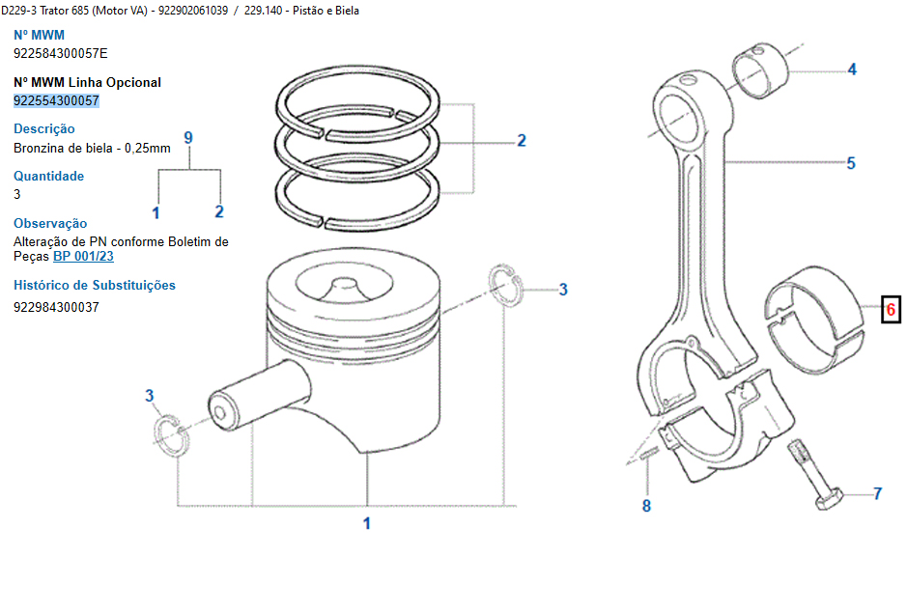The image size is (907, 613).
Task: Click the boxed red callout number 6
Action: [891, 311]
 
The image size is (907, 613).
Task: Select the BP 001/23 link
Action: [83, 257]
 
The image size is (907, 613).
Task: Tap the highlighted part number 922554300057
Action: [56, 100]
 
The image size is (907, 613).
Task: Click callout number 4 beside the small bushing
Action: [852, 70]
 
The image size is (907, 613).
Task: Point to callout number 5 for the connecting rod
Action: [851, 163]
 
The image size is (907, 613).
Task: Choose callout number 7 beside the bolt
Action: [877, 494]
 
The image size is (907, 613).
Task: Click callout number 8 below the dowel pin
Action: [646, 506]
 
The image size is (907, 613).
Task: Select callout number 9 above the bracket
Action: [188, 138]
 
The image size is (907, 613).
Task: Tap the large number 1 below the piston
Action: [367, 524]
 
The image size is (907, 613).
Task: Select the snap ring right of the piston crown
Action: [506, 287]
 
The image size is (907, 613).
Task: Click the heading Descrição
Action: [43, 128]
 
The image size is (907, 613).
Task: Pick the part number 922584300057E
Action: [60, 54]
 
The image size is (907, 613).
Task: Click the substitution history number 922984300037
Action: [56, 307]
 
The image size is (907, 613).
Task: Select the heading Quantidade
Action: [48, 176]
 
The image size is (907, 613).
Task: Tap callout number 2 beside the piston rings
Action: [522, 141]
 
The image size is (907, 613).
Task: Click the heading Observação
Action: [50, 223]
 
